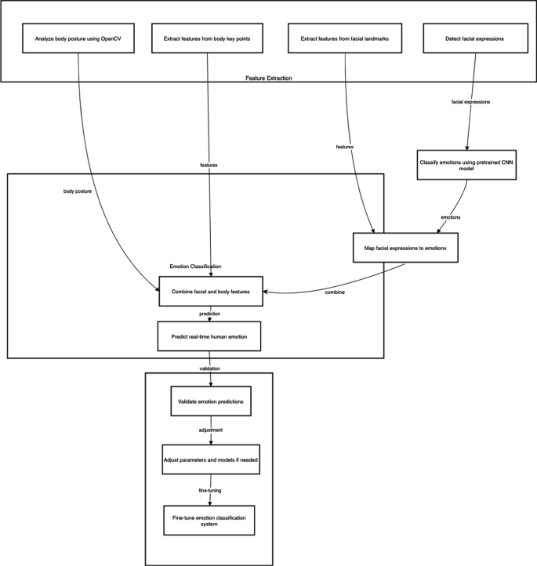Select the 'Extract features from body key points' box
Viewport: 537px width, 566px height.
click(207, 38)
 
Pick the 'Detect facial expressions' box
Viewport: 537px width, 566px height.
click(467, 38)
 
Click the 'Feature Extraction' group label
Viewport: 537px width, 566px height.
click(268, 78)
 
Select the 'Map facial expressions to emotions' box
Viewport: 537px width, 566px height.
click(405, 248)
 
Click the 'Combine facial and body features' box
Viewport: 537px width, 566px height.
click(211, 291)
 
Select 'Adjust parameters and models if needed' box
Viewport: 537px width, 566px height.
click(209, 459)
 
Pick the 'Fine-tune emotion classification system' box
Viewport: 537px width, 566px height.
click(209, 519)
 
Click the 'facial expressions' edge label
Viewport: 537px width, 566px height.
click(471, 102)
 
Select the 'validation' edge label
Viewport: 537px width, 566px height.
click(209, 368)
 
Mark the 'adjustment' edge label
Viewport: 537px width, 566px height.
click(209, 430)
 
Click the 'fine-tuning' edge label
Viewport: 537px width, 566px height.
click(209, 489)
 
